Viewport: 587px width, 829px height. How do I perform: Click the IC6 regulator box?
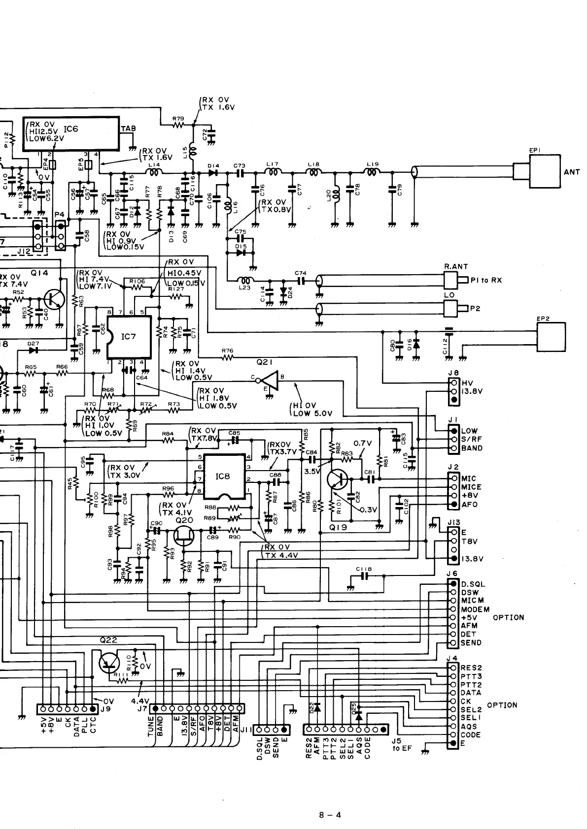point(72,133)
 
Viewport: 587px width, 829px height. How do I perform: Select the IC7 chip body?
point(129,338)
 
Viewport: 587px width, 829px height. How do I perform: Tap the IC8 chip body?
point(224,477)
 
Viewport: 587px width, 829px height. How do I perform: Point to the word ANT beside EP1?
point(572,172)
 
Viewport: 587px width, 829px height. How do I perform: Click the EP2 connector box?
point(551,337)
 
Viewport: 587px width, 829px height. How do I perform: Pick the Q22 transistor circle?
point(109,663)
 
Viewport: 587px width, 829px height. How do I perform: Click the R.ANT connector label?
point(456,267)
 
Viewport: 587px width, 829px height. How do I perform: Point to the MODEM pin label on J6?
point(475,609)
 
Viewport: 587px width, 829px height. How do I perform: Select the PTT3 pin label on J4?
point(471,676)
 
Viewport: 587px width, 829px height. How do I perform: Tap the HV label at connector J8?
point(467,383)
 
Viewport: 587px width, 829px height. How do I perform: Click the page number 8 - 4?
point(330,801)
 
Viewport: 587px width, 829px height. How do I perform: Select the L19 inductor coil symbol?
point(373,172)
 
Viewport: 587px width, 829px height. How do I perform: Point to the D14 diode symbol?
point(213,173)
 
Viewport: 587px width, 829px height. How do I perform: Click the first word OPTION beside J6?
point(508,617)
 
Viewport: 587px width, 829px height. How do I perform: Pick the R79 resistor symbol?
point(178,125)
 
